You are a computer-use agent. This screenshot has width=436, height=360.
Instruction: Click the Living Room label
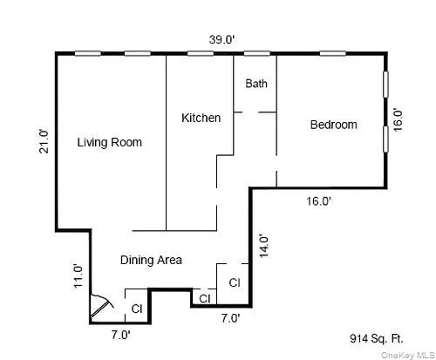tap(109, 142)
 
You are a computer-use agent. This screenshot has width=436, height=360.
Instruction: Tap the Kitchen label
tap(201, 118)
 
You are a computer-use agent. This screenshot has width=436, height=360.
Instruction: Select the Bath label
tap(255, 84)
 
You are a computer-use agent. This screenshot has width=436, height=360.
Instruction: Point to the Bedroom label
tap(333, 125)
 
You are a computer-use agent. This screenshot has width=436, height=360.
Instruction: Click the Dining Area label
tap(150, 260)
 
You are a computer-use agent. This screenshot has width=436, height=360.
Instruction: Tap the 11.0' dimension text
tap(78, 275)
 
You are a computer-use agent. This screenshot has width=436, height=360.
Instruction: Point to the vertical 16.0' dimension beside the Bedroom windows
tap(398, 119)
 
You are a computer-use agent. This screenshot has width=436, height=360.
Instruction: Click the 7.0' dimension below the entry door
tap(120, 334)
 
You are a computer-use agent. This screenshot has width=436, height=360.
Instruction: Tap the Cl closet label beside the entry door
tap(136, 309)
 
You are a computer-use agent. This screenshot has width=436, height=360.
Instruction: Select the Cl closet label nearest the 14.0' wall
tap(234, 282)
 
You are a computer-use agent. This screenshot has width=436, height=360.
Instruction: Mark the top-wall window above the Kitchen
tap(200, 54)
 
